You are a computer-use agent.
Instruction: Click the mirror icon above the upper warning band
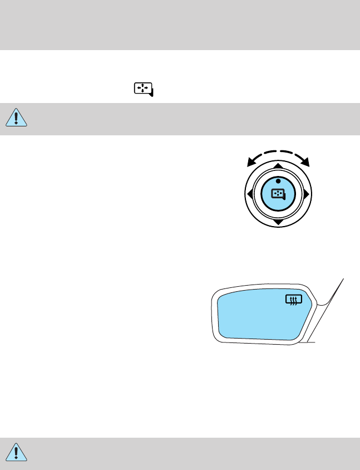click(x=143, y=89)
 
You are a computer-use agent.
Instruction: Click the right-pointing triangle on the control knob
click(x=306, y=194)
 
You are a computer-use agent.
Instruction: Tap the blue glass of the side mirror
click(x=256, y=317)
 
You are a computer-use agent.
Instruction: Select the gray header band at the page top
click(x=180, y=25)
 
